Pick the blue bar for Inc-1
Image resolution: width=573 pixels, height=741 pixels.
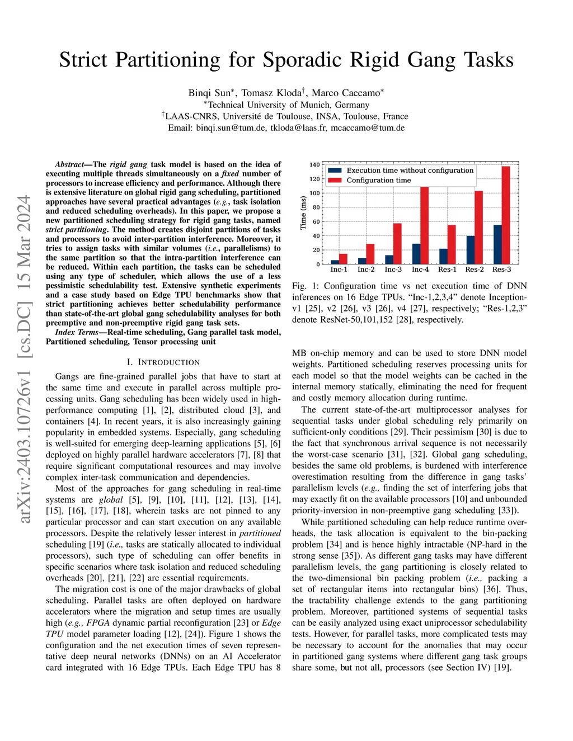pyautogui.click(x=335, y=262)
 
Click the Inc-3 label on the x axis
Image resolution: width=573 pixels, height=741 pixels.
pyautogui.click(x=393, y=270)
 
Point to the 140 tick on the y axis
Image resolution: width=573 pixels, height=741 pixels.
pyautogui.click(x=314, y=165)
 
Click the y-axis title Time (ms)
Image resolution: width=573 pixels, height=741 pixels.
pyautogui.click(x=303, y=213)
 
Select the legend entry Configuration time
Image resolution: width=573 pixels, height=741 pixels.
pyautogui.click(x=378, y=180)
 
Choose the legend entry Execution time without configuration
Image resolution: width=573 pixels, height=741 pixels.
pyautogui.click(x=410, y=171)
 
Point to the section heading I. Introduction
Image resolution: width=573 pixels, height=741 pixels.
pyautogui.click(x=163, y=362)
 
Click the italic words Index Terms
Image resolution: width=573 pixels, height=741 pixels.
pyautogui.click(x=77, y=332)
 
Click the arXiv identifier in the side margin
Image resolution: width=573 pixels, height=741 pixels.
pyautogui.click(x=24, y=358)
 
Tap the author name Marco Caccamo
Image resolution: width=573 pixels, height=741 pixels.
pyautogui.click(x=346, y=93)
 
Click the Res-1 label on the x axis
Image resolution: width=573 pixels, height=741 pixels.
pyautogui.click(x=447, y=270)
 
